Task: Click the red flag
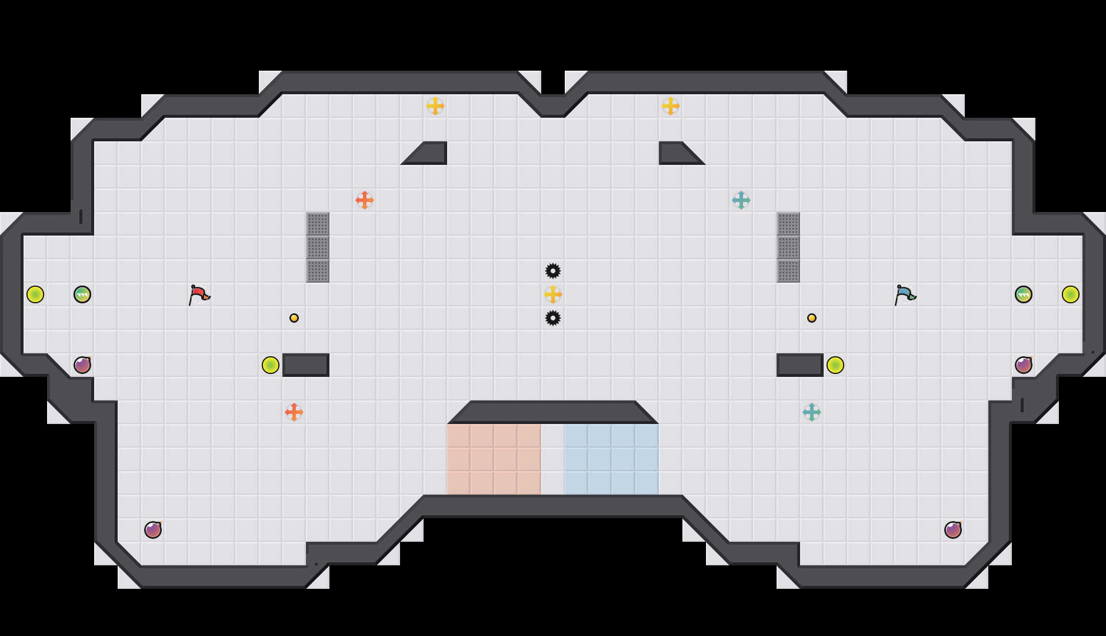coord(199,294)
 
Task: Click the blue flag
coord(905,294)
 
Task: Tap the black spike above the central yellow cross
coord(553,271)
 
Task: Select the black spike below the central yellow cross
coord(553,318)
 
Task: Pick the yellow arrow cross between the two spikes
coord(553,294)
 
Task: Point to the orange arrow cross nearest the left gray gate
coord(365,200)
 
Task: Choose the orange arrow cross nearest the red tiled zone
coord(294,412)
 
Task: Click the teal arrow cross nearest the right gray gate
coord(741,200)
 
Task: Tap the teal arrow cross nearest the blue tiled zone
coord(812,412)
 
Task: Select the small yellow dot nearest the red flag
coord(294,318)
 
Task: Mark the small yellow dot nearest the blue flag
coord(812,318)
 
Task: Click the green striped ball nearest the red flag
coord(82,294)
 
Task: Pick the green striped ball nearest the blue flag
coord(1024,294)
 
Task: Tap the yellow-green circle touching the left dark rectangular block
coord(271,365)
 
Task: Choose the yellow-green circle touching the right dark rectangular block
coord(835,365)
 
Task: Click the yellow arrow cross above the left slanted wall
coord(435,106)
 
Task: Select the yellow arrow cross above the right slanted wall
coord(671,106)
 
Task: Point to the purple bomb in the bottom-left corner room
coord(153,530)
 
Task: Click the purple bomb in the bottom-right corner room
coord(953,530)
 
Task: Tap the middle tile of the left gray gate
coord(318,247)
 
